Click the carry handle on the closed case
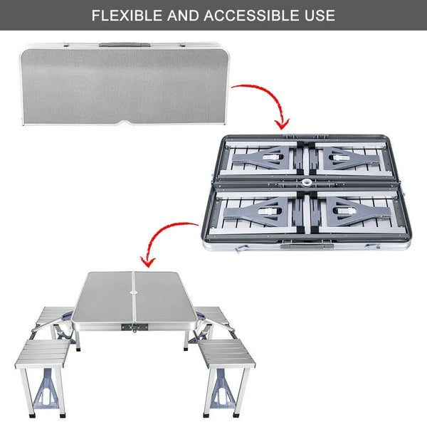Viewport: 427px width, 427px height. pyautogui.click(x=114, y=45)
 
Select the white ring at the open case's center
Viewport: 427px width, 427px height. pyautogui.click(x=307, y=183)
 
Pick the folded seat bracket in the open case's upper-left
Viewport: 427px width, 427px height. pyautogui.click(x=263, y=157)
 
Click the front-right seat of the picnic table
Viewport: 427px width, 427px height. pyautogui.click(x=227, y=352)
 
